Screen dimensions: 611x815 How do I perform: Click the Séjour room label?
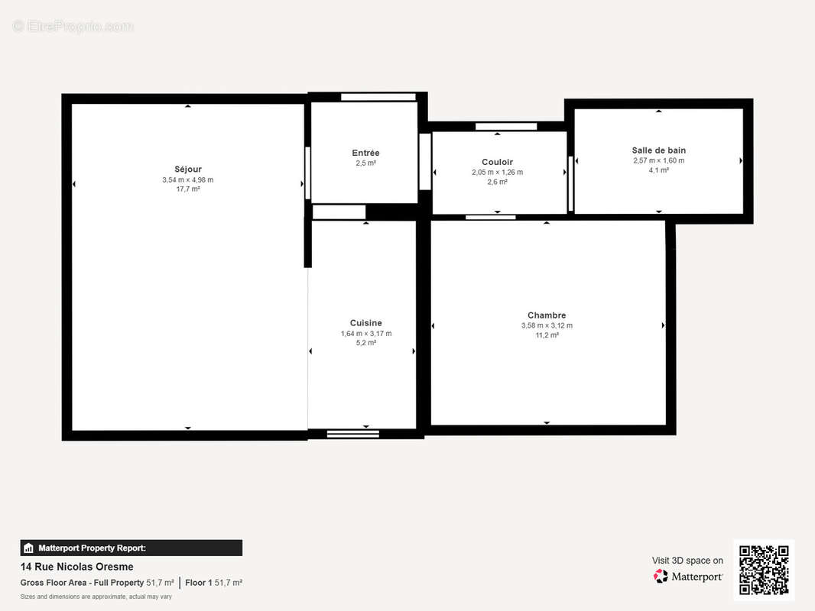pos(187,169)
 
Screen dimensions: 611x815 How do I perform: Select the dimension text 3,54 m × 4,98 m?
pos(187,179)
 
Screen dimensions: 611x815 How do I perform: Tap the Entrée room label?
pos(365,153)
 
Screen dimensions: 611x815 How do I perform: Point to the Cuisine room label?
pos(365,323)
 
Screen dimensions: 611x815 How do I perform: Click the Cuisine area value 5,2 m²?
pos(365,343)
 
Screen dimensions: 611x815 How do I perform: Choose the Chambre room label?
pos(547,315)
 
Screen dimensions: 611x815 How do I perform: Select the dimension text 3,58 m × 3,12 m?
pos(547,325)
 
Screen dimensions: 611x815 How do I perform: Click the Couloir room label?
pos(497,162)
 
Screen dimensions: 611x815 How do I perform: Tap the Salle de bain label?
pos(658,150)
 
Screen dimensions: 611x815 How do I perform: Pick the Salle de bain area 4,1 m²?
pos(658,170)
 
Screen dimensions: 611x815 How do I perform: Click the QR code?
pos(764,570)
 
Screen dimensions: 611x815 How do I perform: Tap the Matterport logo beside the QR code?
pos(688,577)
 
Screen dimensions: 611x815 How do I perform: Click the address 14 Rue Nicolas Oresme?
pos(76,567)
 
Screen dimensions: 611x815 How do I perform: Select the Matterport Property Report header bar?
pos(131,548)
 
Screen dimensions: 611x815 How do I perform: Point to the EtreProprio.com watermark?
pos(73,27)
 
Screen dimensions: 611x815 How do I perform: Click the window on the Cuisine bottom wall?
pos(352,434)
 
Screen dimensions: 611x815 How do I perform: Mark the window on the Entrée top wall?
pos(378,97)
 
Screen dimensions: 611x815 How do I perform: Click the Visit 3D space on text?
pos(687,561)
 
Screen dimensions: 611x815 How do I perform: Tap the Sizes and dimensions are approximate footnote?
pos(96,596)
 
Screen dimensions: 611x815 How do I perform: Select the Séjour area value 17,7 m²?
pos(187,189)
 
